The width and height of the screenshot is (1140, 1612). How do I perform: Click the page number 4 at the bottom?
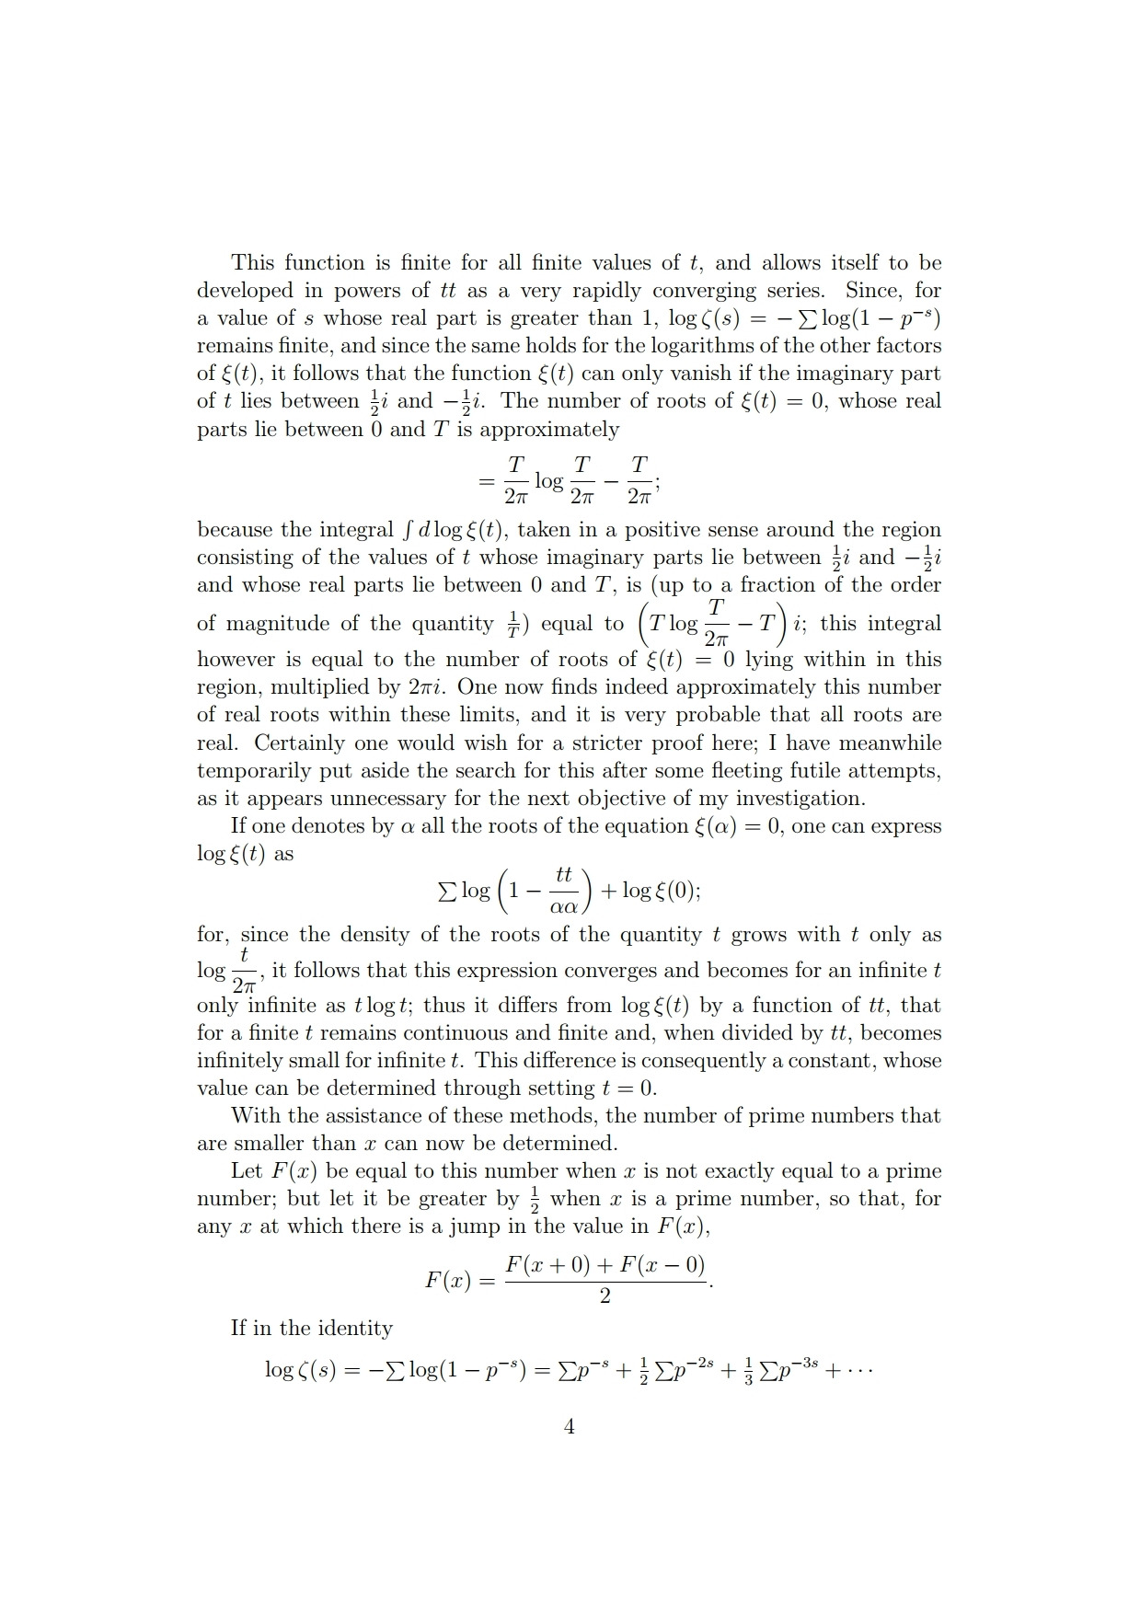click(x=569, y=1426)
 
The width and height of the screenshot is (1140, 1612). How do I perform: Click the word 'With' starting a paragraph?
click(x=252, y=1116)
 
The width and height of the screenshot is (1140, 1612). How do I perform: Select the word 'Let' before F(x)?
click(x=247, y=1171)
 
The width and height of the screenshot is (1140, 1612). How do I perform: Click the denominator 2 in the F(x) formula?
click(x=605, y=1296)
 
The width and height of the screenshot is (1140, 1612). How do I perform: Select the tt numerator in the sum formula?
click(x=564, y=875)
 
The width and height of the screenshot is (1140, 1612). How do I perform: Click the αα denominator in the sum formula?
click(x=563, y=907)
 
